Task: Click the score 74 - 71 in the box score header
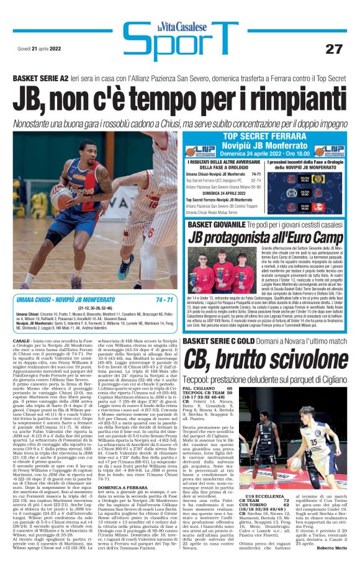(164, 300)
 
